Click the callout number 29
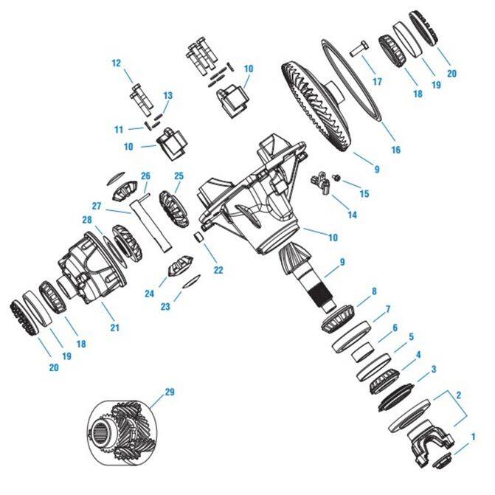pyautogui.click(x=170, y=392)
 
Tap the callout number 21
pyautogui.click(x=115, y=328)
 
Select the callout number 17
pyautogui.click(x=377, y=82)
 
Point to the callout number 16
pyautogui.click(x=396, y=150)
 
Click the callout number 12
pyautogui.click(x=116, y=63)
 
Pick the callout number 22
pyautogui.click(x=218, y=270)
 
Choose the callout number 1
pyautogui.click(x=473, y=437)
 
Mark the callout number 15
pyautogui.click(x=364, y=194)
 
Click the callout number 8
pyautogui.click(x=374, y=291)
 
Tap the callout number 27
pyautogui.click(x=97, y=206)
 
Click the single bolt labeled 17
pyautogui.click(x=359, y=49)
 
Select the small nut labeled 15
pyautogui.click(x=337, y=179)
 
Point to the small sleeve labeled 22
pyautogui.click(x=199, y=237)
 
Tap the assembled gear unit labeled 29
pyautogui.click(x=122, y=433)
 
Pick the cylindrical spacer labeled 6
pyautogui.click(x=363, y=351)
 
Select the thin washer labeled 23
pyautogui.click(x=192, y=280)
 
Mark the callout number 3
pyautogui.click(x=434, y=369)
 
